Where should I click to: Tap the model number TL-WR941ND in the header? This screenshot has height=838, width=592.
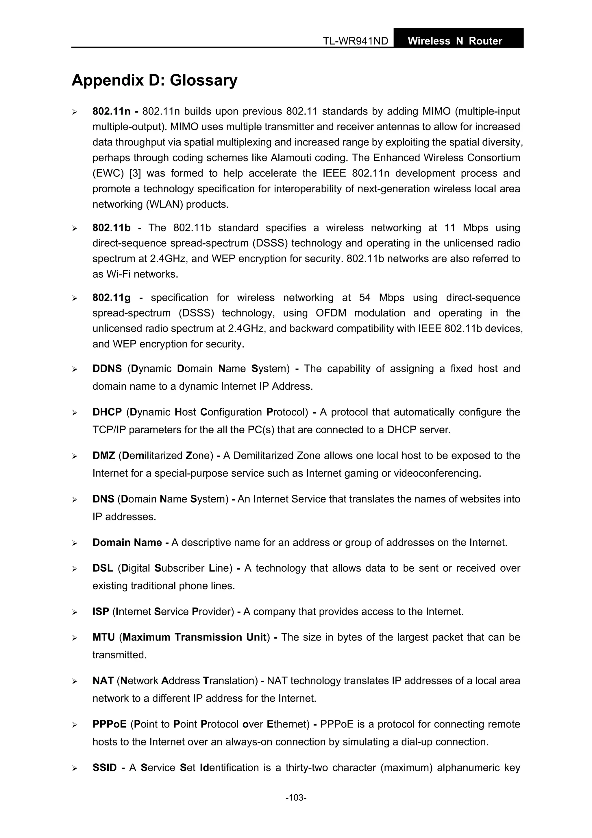[355, 41]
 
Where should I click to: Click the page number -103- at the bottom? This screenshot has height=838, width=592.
[296, 798]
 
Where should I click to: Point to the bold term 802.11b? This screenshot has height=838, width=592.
[111, 228]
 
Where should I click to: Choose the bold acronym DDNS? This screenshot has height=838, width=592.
[107, 369]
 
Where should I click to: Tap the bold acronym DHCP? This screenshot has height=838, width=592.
[107, 412]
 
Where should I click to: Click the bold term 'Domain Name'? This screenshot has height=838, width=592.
[127, 542]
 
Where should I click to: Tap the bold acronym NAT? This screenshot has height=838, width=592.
[103, 681]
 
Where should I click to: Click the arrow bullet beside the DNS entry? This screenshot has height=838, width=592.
[74, 500]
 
